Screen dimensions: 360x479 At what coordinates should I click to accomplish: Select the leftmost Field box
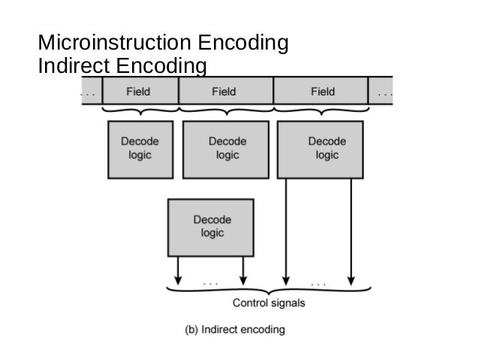click(139, 92)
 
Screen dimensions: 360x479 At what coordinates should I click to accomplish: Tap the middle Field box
click(225, 92)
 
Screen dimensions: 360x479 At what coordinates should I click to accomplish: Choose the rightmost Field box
click(321, 92)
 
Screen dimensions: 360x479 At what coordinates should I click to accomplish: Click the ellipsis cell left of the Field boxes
click(89, 92)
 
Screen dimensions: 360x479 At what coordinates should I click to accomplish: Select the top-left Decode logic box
click(140, 148)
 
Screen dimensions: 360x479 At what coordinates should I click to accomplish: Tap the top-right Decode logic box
click(321, 148)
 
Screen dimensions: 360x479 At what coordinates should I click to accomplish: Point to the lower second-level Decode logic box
click(211, 227)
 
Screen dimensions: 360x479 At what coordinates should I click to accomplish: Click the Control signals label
click(269, 304)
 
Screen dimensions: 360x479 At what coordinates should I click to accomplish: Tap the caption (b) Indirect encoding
click(235, 329)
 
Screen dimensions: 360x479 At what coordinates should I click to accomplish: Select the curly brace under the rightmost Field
click(321, 111)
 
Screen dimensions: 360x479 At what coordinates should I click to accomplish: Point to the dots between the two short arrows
click(211, 284)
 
